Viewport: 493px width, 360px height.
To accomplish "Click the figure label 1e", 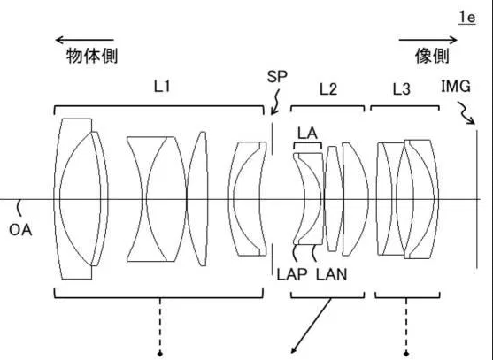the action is pyautogui.click(x=467, y=18).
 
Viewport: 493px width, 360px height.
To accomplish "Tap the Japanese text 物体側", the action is pyautogui.click(x=92, y=56).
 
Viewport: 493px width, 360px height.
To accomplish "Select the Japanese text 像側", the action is pyautogui.click(x=432, y=56).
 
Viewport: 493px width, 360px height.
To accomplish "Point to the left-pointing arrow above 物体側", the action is pyautogui.click(x=84, y=40).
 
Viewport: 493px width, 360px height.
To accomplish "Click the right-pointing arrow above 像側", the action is pyautogui.click(x=428, y=40).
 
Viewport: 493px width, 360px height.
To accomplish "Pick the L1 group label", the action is pyautogui.click(x=162, y=86).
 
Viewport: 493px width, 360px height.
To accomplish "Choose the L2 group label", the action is pyautogui.click(x=328, y=89).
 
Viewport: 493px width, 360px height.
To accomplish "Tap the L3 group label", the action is pyautogui.click(x=402, y=89).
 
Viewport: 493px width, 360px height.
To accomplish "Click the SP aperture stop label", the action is pyautogui.click(x=277, y=76).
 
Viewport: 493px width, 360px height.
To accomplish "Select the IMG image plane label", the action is pyautogui.click(x=456, y=87).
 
